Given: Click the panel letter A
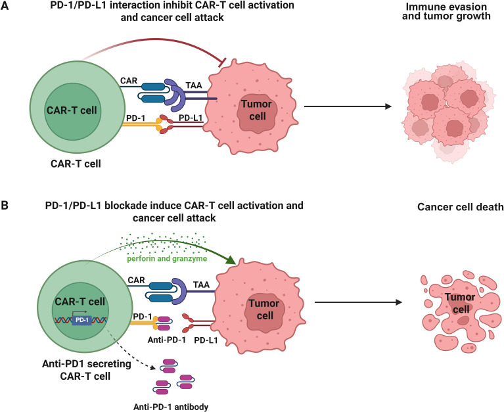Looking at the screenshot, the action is pos(5,6).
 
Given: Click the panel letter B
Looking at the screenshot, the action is pos(5,205).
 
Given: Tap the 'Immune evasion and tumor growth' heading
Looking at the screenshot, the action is pos(446,11).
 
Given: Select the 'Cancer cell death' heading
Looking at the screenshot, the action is pos(460,206).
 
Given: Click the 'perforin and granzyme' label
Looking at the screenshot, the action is pos(167,258).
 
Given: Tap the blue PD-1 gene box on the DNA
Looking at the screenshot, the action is pos(81,320).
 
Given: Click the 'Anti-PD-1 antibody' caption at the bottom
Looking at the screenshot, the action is pos(171,407).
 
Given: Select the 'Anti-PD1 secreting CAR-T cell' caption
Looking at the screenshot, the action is pos(87,370).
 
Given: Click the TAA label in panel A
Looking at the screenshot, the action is pos(194,85).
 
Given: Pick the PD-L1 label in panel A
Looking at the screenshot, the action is pos(191,118).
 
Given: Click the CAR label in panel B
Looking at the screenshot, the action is pos(136,280).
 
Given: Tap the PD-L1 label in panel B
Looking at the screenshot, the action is pos(206,340).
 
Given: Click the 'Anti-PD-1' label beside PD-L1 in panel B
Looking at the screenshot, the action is pos(166,340).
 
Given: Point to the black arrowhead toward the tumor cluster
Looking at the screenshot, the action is pos(388,106).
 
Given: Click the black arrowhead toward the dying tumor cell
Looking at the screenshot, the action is pos(399,302).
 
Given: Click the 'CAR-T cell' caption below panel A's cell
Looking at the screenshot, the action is pos(76,164).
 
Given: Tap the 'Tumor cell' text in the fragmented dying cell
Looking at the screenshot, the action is pos(460,303).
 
